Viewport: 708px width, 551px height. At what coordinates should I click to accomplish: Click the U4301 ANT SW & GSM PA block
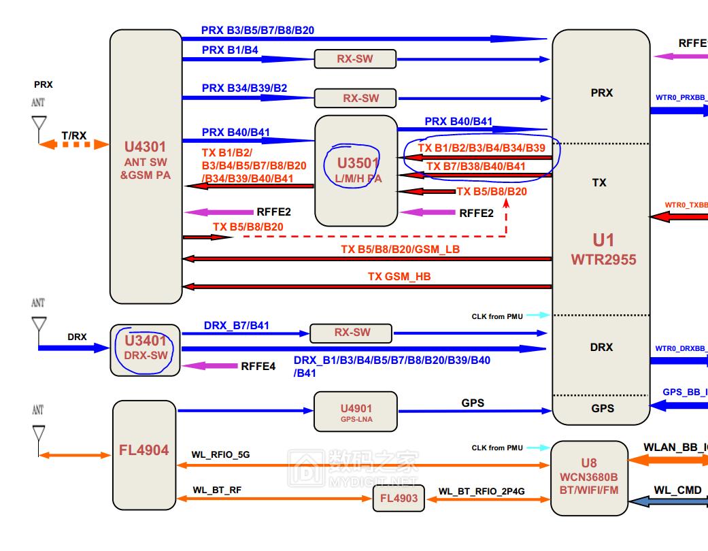pos(146,166)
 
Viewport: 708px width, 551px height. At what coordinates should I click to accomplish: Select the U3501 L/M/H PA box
pos(356,170)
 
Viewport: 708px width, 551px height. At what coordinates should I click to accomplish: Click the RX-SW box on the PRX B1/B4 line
pos(355,59)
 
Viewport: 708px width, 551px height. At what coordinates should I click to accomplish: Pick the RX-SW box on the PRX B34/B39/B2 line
pos(355,99)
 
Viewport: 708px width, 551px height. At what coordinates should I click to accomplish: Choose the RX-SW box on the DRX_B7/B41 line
pos(351,333)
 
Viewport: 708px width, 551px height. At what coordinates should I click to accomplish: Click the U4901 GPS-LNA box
pos(355,412)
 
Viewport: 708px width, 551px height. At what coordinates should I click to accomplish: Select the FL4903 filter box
pos(399,499)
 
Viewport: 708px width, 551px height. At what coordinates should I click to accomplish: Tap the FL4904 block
pos(144,454)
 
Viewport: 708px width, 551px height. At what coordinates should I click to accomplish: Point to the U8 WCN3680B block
pos(589,478)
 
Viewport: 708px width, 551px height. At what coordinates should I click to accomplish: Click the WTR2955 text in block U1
pos(603,259)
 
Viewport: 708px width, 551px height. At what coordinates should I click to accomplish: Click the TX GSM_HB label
pos(399,277)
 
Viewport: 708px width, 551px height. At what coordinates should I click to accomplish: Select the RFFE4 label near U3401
pos(258,367)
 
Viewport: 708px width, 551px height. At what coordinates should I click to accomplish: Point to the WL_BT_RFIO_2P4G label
pos(483,491)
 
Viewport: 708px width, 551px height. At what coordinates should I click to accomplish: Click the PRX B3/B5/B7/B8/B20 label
pos(258,31)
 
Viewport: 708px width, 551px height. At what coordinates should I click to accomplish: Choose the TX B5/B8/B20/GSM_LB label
pos(400,249)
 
